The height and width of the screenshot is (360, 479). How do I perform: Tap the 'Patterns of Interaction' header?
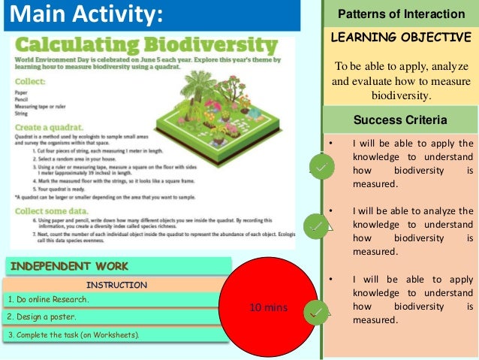[401, 14]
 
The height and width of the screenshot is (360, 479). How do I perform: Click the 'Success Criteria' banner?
[401, 119]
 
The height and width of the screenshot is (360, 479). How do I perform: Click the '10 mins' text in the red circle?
[269, 307]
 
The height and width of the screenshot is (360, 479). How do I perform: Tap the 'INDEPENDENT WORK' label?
[69, 265]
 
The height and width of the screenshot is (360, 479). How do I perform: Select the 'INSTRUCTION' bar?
[116, 285]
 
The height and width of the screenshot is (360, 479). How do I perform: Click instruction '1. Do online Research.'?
[48, 300]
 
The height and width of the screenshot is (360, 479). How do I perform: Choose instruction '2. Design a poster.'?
[42, 316]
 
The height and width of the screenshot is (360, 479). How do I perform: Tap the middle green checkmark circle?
[315, 225]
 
